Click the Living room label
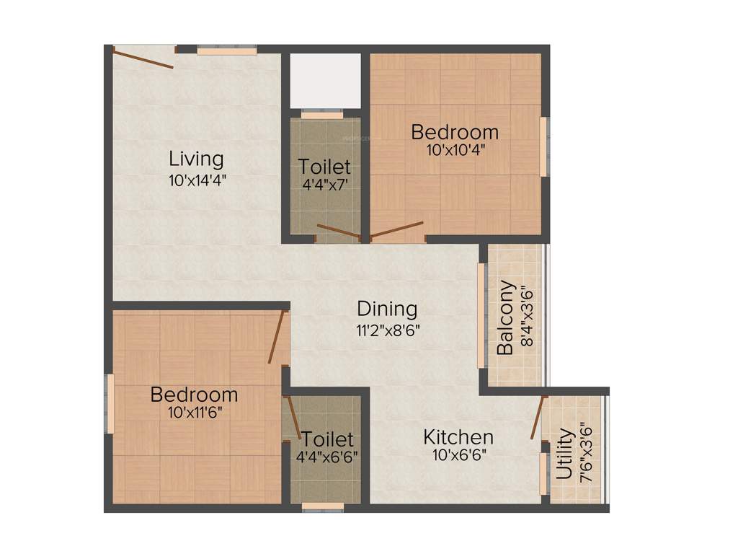(x=196, y=158)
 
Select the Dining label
(x=387, y=309)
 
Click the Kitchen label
(x=458, y=437)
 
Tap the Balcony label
(x=506, y=317)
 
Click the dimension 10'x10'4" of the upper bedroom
(x=455, y=151)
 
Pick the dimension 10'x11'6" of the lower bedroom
(x=194, y=413)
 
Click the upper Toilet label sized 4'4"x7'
(x=324, y=167)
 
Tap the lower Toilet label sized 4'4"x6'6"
(x=327, y=439)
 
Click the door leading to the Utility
(x=538, y=418)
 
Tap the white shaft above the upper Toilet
(x=325, y=80)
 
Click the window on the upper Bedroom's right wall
(x=544, y=146)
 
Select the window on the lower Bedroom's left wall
(x=110, y=403)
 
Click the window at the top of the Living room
(x=226, y=51)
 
